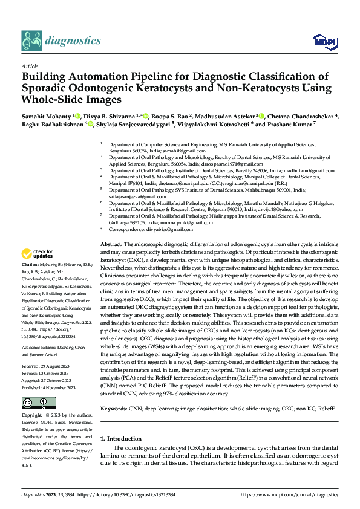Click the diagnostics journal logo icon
[x=31, y=40]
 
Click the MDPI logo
[x=322, y=41]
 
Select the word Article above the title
[x=29, y=65]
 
